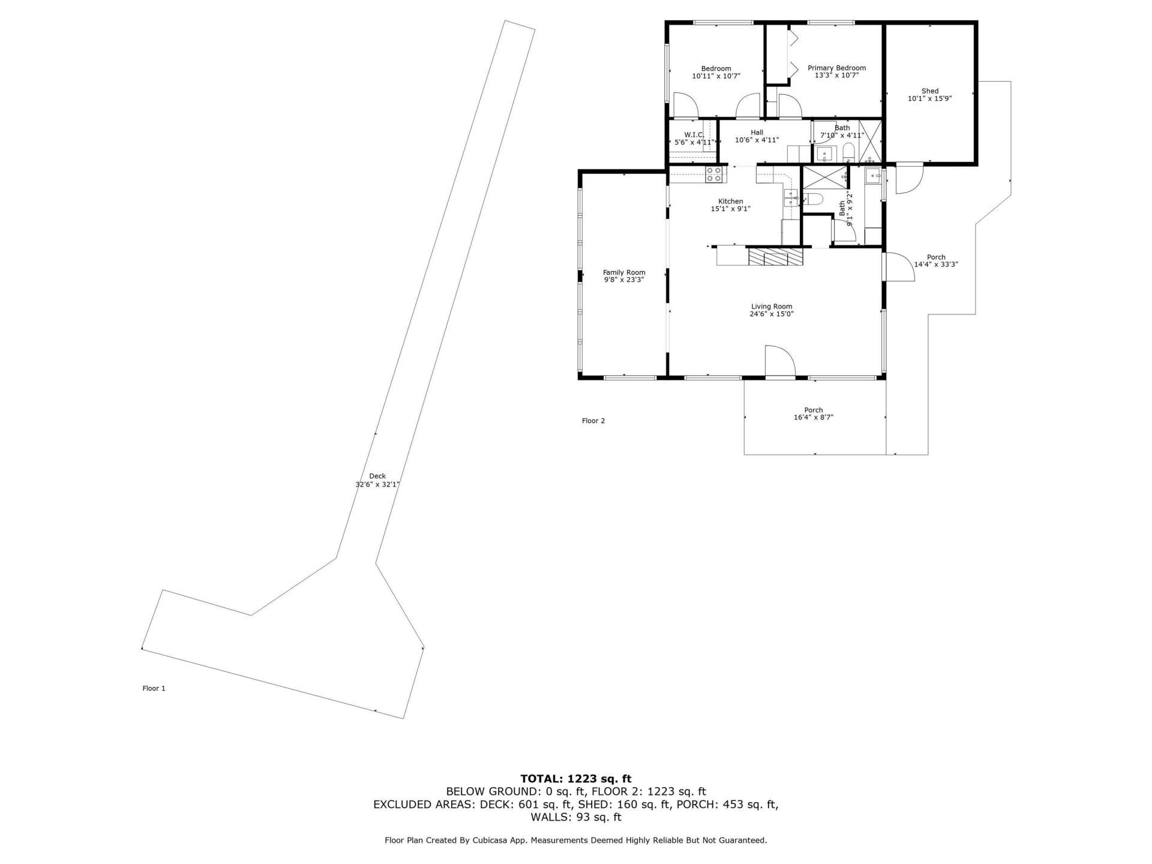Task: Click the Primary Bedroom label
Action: pos(836,68)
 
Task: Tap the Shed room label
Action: pos(929,91)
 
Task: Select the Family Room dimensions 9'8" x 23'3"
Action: pos(623,280)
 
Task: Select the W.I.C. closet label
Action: pos(694,134)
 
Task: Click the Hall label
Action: pos(757,133)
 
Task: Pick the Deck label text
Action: pos(377,476)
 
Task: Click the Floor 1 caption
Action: pos(154,688)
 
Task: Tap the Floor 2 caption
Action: pos(593,421)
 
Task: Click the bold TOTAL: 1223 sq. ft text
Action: pos(575,779)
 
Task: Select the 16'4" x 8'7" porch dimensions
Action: pos(813,418)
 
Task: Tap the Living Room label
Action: pos(771,306)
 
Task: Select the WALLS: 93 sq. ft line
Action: pos(575,817)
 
